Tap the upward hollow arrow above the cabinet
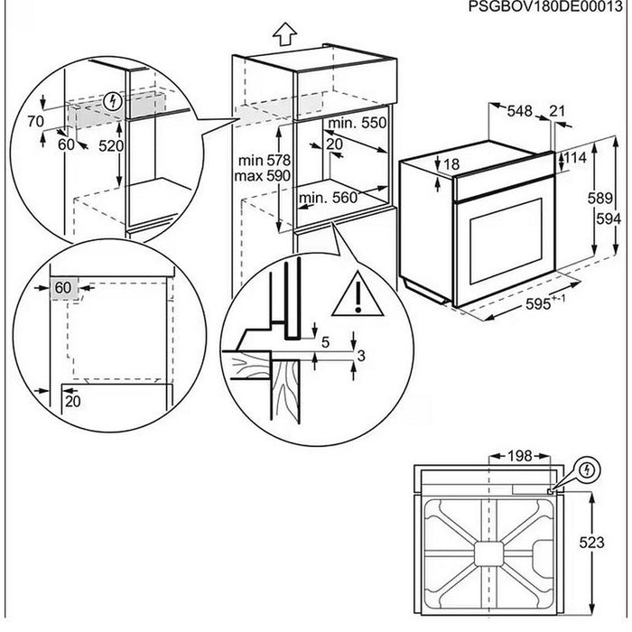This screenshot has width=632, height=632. coord(285,34)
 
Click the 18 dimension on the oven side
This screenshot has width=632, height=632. coord(451,164)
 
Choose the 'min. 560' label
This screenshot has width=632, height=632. coord(329,197)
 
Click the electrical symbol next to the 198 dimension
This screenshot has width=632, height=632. coord(589,470)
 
